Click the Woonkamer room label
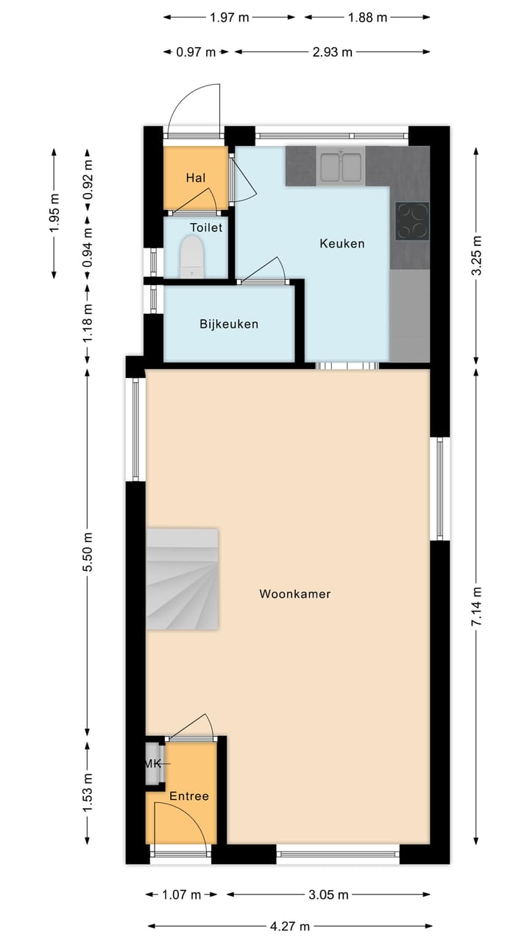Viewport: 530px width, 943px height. click(294, 594)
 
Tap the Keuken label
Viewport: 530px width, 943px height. click(342, 243)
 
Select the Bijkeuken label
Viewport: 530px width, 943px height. click(229, 324)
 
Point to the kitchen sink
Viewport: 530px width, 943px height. click(341, 166)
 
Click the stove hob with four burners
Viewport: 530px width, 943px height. click(413, 221)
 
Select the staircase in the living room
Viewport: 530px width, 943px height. click(183, 579)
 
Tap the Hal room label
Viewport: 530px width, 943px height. click(195, 178)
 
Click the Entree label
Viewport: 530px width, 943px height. click(189, 796)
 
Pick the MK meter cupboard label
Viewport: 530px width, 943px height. click(152, 763)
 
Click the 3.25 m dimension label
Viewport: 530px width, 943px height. click(476, 256)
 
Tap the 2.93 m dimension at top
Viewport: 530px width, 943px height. click(332, 52)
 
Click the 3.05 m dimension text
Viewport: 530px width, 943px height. click(328, 894)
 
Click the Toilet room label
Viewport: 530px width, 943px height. click(206, 228)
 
